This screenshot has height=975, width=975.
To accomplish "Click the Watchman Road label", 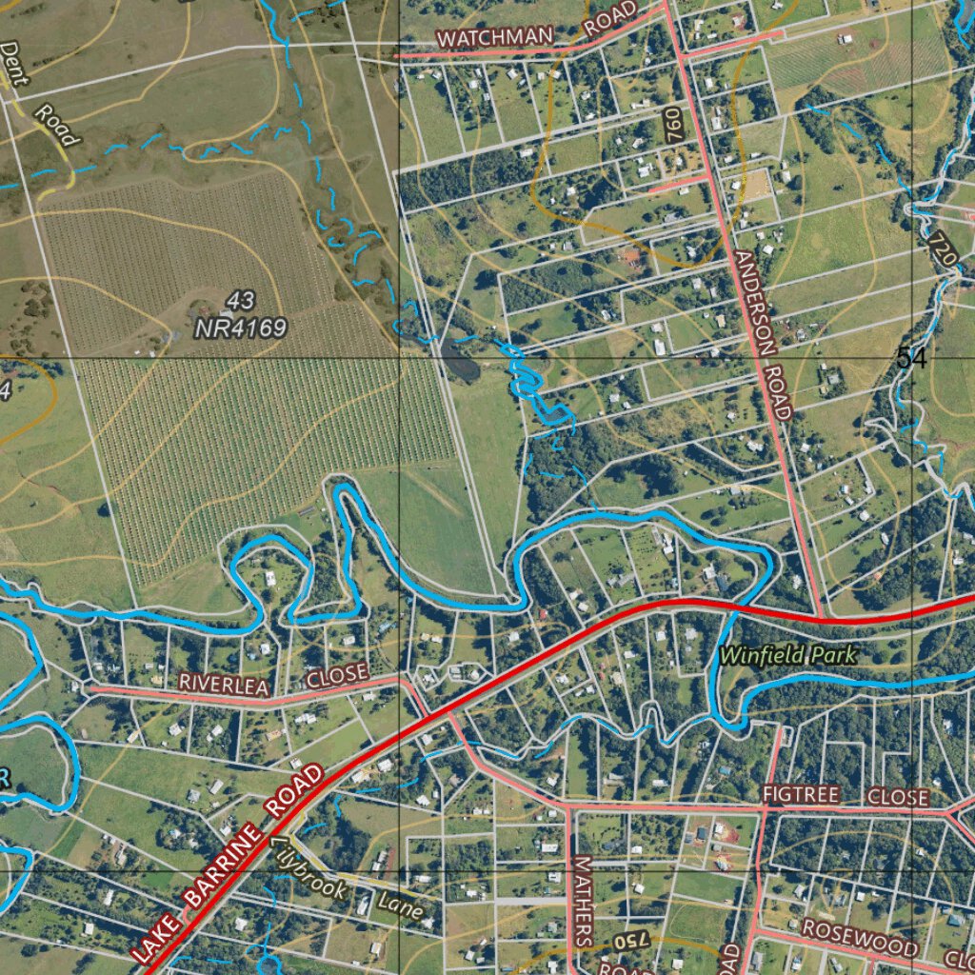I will click(x=536, y=31).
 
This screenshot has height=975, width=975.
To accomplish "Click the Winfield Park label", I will click(x=788, y=655).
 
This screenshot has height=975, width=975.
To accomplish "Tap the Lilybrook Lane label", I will click(x=348, y=881).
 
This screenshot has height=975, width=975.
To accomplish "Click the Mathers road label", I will click(x=583, y=900).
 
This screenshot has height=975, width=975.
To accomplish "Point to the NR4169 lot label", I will click(x=240, y=328).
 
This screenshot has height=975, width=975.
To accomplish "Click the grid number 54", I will click(x=910, y=358).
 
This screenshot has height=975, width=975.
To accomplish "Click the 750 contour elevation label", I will click(x=629, y=941).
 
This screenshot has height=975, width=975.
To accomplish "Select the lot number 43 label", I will click(x=241, y=302).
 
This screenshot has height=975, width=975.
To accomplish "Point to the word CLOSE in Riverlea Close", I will click(x=337, y=675).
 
